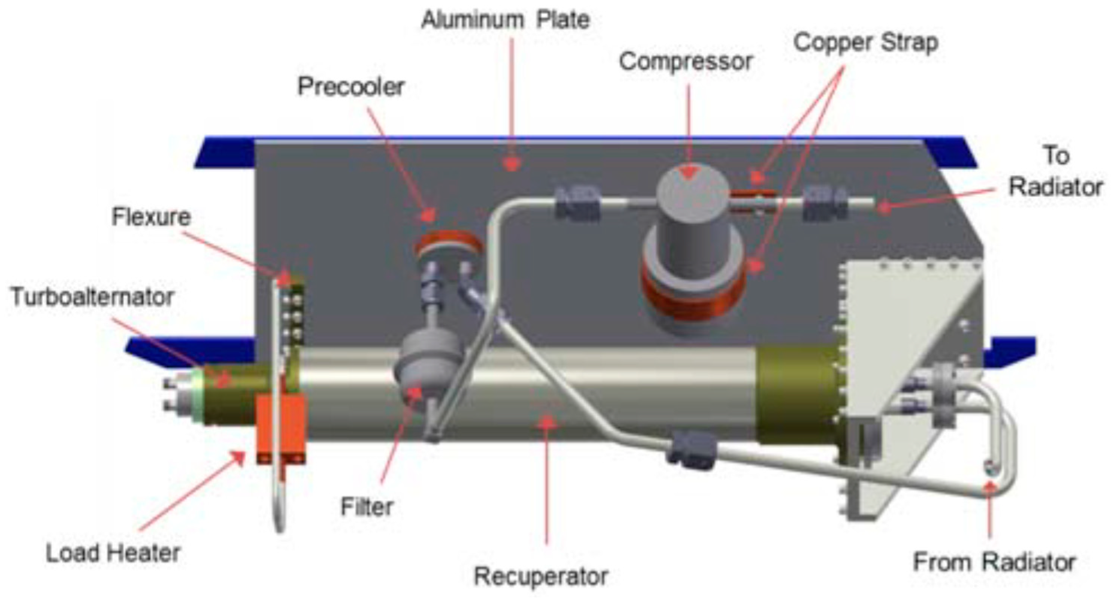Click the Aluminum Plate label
coord(505,20)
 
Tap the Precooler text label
coord(351,87)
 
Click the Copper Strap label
coord(866,43)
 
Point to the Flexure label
coord(151,217)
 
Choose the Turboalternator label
coord(92,297)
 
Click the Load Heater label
coord(113,553)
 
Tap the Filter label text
coord(367,506)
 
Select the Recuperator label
coord(541,576)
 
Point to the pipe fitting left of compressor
coord(577,203)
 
